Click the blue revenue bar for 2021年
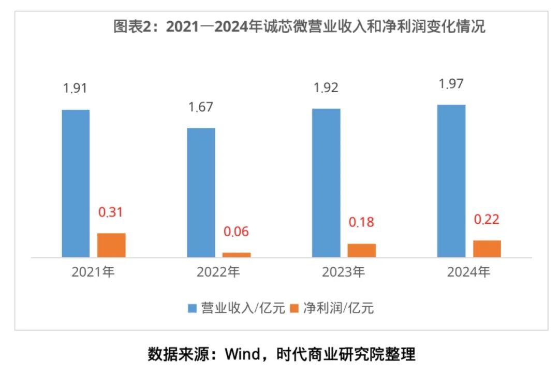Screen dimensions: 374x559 [x=76, y=183]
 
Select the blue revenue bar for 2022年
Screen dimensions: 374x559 [x=201, y=192]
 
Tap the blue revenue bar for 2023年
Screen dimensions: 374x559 [x=326, y=183]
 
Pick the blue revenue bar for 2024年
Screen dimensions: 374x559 [x=451, y=181]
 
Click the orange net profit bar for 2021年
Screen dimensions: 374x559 [x=112, y=245]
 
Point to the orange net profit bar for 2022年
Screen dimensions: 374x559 [x=237, y=254]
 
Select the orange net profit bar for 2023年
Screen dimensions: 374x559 [x=362, y=250]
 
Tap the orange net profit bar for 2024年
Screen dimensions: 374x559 [x=487, y=249]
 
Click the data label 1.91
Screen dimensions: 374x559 [x=75, y=88]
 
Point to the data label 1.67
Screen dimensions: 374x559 [x=201, y=107]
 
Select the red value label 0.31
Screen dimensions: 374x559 [x=111, y=212]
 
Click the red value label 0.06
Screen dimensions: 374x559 [x=236, y=232]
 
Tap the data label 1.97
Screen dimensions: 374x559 [x=451, y=83]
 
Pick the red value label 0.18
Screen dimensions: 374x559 [x=361, y=222]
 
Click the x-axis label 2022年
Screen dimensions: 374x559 [x=218, y=272]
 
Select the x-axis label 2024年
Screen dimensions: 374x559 [x=468, y=272]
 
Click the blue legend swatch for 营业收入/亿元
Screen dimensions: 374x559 [x=192, y=309]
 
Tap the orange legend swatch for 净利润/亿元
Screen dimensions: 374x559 [x=294, y=309]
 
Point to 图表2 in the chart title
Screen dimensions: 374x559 [x=134, y=27]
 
